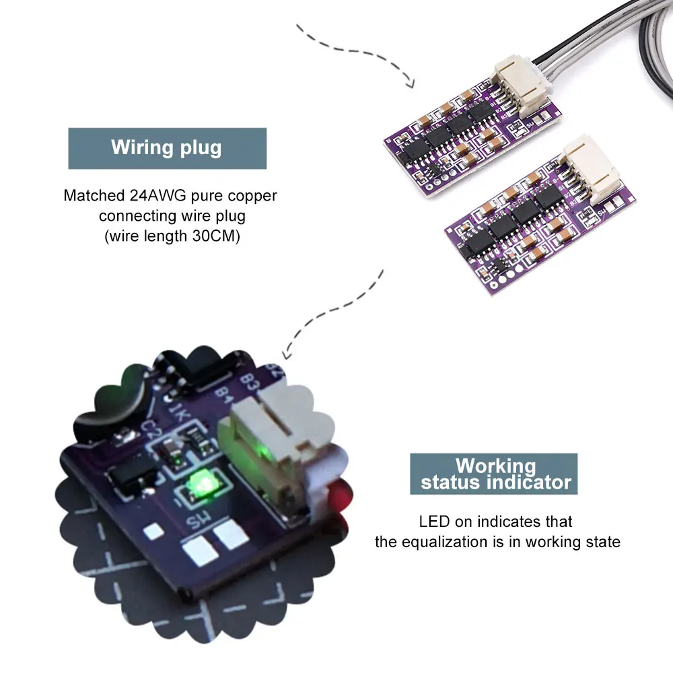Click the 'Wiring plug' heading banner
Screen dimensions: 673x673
[x=167, y=148]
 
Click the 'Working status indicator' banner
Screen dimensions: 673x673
[x=495, y=474]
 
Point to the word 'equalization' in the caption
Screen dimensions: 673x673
[x=470, y=542]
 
